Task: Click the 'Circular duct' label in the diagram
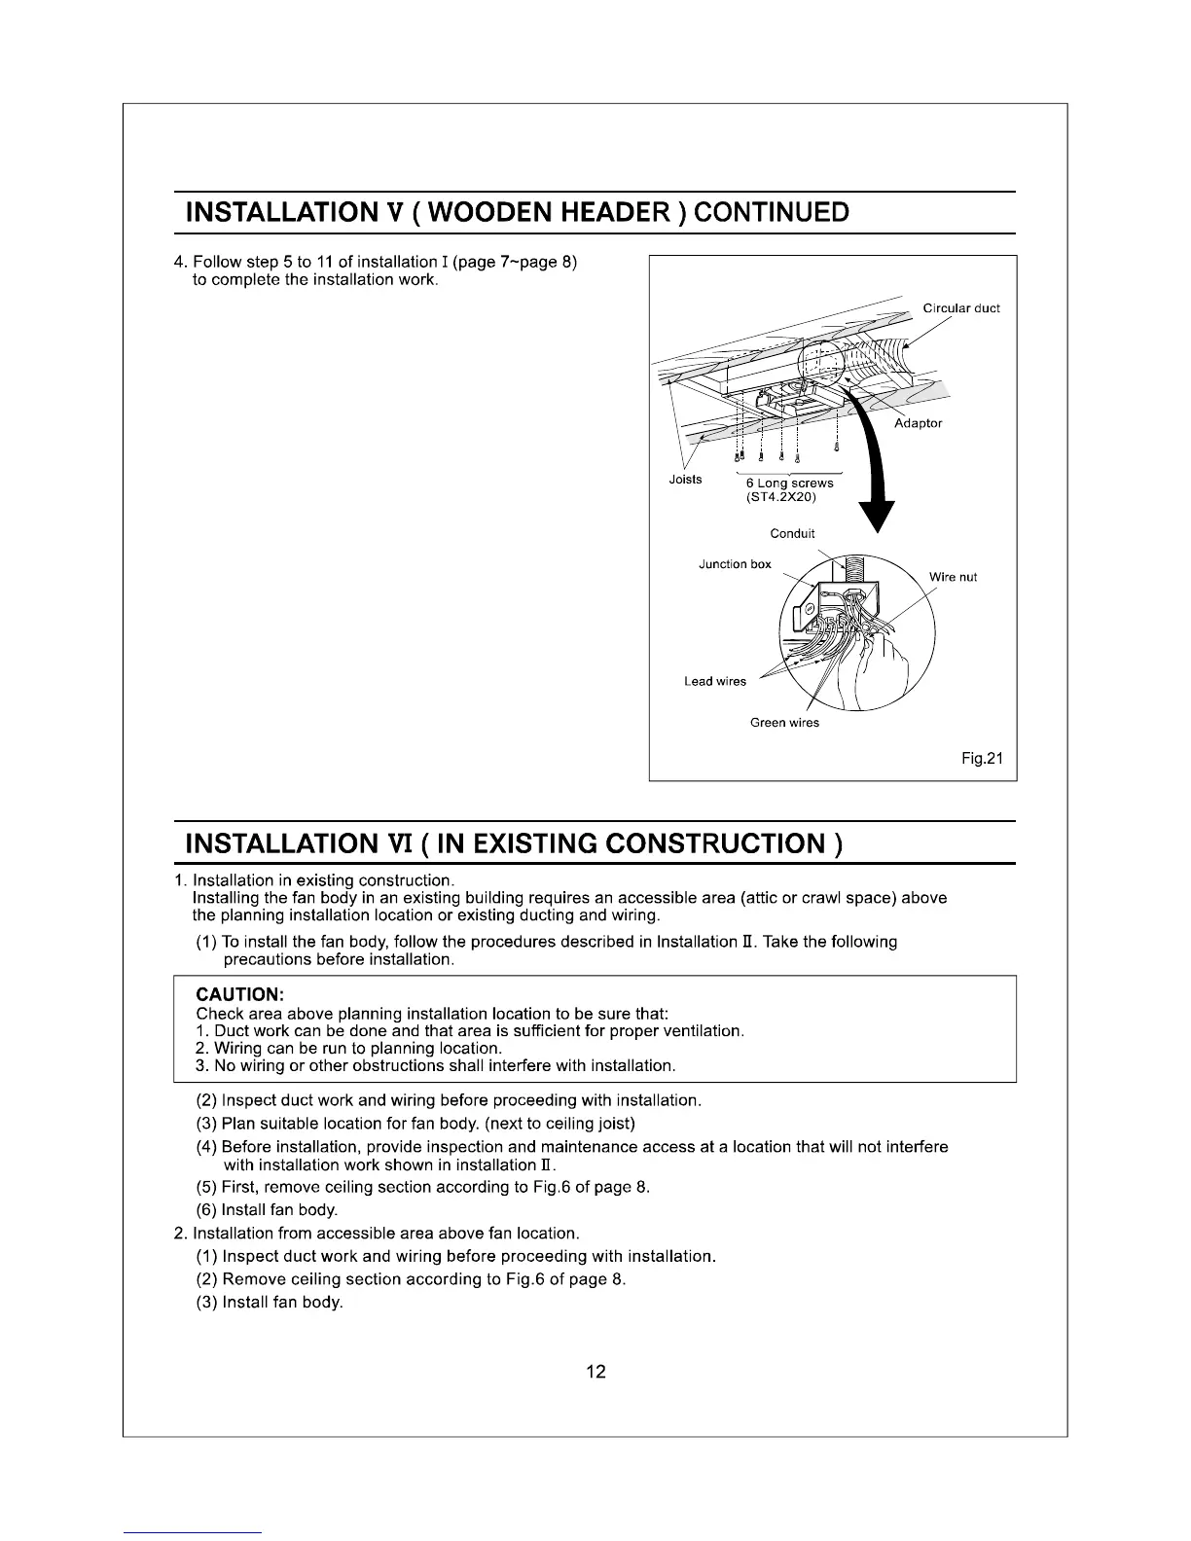(x=961, y=308)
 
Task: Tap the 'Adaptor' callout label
(x=918, y=423)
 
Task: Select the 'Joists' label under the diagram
(x=686, y=480)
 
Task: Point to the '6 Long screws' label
(x=789, y=483)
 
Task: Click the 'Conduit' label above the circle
(x=792, y=533)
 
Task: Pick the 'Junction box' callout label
(x=735, y=564)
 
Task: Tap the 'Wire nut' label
(x=953, y=577)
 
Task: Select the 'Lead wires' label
(x=715, y=681)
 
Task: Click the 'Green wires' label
(x=784, y=722)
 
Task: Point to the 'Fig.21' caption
(x=981, y=759)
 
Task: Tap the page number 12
(x=595, y=1372)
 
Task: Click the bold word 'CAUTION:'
(x=239, y=995)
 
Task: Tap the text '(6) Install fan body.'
(x=267, y=1210)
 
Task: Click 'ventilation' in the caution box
(x=696, y=1030)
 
